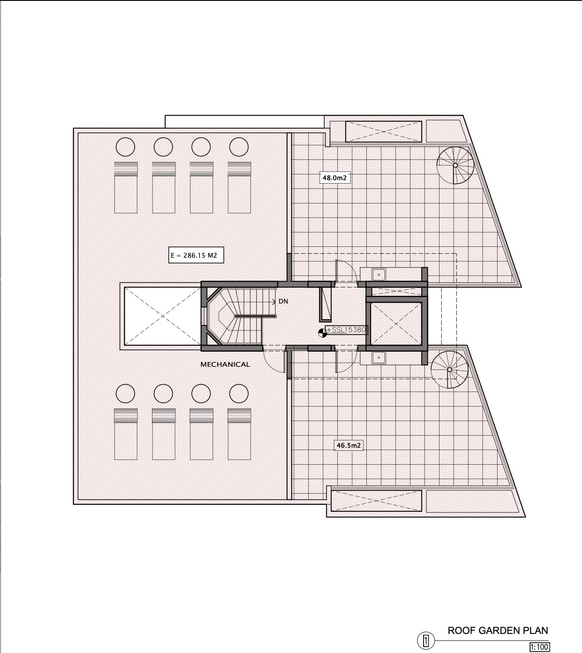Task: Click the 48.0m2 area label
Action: (335, 178)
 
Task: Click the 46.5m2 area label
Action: (348, 446)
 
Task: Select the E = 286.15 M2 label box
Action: (196, 255)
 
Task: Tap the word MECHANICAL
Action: (225, 365)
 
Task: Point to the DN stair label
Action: (283, 301)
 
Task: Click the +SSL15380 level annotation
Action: (346, 330)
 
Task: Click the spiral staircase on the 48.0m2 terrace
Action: (456, 165)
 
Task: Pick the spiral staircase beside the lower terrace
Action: (449, 369)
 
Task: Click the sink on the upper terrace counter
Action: (378, 275)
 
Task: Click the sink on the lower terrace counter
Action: (378, 357)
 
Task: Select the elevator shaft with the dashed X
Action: (396, 324)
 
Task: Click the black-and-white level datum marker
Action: (322, 333)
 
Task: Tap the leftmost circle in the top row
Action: (125, 147)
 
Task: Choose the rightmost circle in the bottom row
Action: (239, 394)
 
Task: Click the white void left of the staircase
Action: (162, 316)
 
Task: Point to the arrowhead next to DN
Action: (274, 302)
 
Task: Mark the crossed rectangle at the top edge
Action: (384, 132)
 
